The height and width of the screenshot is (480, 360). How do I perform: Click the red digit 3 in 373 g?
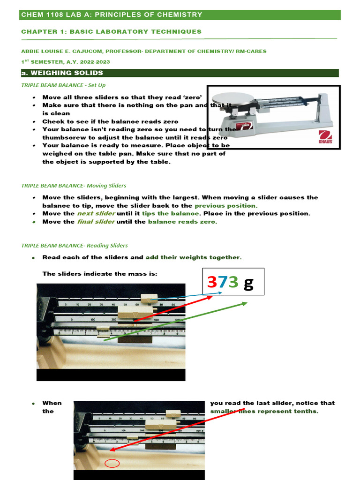click(212, 282)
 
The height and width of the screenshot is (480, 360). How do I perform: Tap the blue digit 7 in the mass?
click(223, 282)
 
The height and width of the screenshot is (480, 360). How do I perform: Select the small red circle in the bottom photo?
click(112, 464)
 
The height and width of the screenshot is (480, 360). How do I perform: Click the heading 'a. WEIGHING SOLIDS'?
click(62, 73)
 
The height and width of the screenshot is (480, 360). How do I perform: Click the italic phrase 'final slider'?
click(96, 222)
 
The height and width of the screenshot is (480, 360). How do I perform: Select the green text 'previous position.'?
click(226, 206)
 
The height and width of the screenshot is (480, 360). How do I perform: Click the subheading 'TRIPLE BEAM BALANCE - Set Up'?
click(63, 85)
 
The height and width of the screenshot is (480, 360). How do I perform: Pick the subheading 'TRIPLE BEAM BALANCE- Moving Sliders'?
click(74, 186)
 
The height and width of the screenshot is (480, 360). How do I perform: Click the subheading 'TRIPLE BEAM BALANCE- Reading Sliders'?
click(74, 246)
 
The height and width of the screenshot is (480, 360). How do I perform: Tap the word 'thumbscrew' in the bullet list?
click(61, 138)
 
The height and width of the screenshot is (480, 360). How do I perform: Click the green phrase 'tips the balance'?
click(171, 214)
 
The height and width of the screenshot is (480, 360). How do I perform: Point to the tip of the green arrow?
click(247, 303)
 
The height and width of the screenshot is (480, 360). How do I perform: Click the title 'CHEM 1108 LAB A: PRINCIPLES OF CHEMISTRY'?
click(112, 15)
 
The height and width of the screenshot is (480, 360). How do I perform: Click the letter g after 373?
click(248, 283)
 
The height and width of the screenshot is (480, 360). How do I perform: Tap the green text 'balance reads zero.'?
click(182, 222)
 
